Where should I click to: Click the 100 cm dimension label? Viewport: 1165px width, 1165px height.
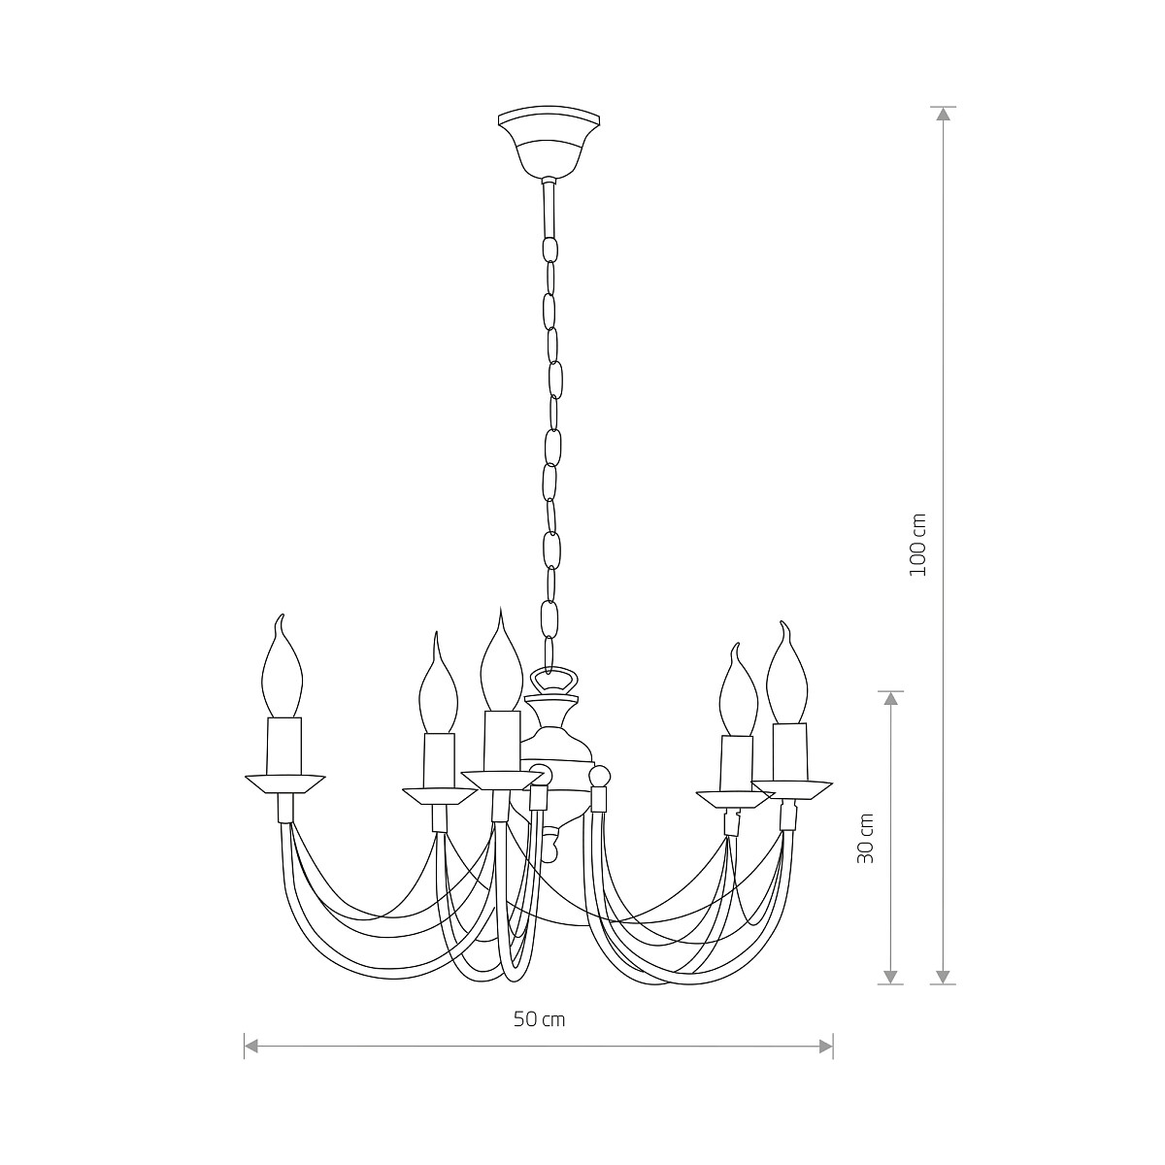click(918, 545)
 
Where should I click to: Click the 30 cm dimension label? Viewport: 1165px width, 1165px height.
click(867, 839)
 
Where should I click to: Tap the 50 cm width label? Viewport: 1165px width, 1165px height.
click(539, 1019)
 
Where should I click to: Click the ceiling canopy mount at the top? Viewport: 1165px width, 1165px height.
click(550, 144)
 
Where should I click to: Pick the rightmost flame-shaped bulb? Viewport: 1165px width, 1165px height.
click(787, 675)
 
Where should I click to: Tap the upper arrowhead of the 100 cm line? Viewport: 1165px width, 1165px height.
click(943, 114)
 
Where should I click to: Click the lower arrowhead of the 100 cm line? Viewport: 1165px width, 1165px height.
click(943, 976)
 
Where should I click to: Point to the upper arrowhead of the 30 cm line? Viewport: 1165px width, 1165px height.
click(891, 699)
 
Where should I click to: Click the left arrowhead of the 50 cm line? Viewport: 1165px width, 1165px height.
click(251, 1046)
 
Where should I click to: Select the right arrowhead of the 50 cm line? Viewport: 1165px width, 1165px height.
click(826, 1046)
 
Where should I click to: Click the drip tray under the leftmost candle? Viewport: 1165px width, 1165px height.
click(284, 783)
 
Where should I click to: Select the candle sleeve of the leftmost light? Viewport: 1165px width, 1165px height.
click(283, 746)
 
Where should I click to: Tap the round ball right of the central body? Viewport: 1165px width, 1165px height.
click(601, 777)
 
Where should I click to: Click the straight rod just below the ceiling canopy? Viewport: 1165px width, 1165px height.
click(549, 204)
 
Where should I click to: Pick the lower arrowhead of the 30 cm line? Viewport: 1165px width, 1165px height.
click(891, 976)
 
